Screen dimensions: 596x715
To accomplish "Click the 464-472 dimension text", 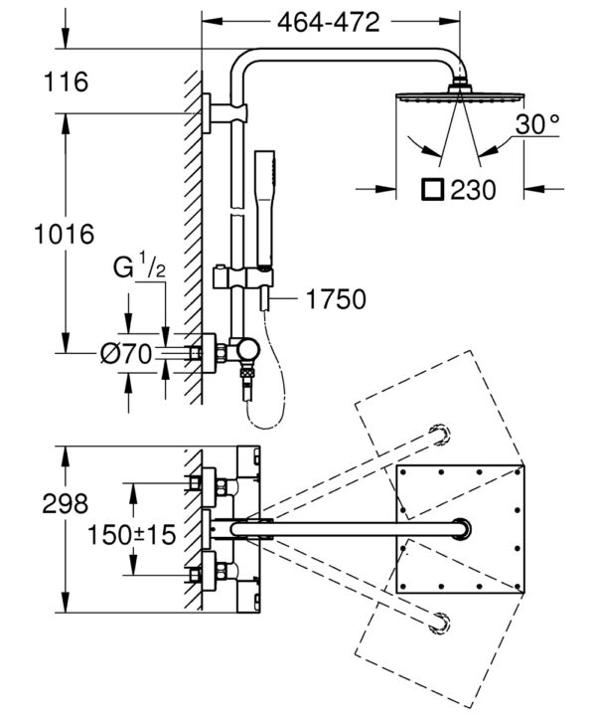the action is click(x=329, y=22).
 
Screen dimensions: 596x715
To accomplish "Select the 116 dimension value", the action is click(x=67, y=83).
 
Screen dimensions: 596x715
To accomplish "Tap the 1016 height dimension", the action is click(x=65, y=234).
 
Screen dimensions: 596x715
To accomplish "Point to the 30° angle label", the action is click(x=537, y=123).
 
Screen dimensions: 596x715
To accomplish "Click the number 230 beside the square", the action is click(x=473, y=190).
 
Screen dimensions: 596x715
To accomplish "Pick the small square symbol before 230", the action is click(x=432, y=189).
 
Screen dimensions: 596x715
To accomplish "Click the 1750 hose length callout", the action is click(x=336, y=299).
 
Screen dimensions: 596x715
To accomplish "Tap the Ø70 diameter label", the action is click(x=126, y=354).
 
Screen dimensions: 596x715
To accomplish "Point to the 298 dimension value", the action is click(x=66, y=504).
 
